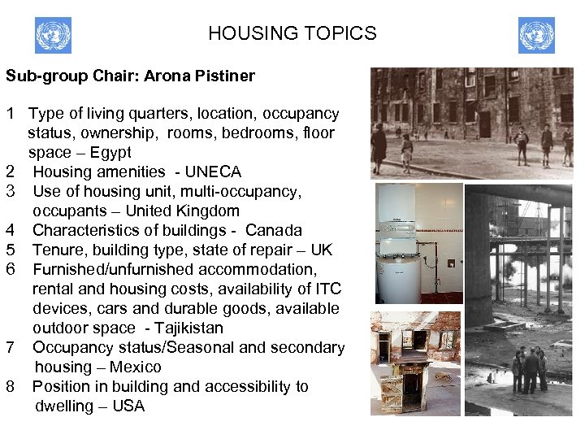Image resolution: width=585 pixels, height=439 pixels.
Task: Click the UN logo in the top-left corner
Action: (x=53, y=36)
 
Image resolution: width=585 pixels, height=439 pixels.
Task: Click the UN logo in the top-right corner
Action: (x=536, y=36)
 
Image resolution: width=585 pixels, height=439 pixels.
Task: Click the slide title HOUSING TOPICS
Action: (x=292, y=33)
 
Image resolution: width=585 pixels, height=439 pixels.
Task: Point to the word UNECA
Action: (x=213, y=172)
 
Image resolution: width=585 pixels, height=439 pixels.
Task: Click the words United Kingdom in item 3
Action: (x=188, y=211)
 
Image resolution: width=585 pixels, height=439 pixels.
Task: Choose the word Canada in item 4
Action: (x=274, y=230)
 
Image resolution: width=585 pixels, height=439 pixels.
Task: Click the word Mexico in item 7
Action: (x=135, y=367)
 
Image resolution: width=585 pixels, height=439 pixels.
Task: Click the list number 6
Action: (x=11, y=269)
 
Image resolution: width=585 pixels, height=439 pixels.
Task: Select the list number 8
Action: (x=11, y=386)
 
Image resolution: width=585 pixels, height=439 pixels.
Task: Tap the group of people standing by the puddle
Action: (x=528, y=370)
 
